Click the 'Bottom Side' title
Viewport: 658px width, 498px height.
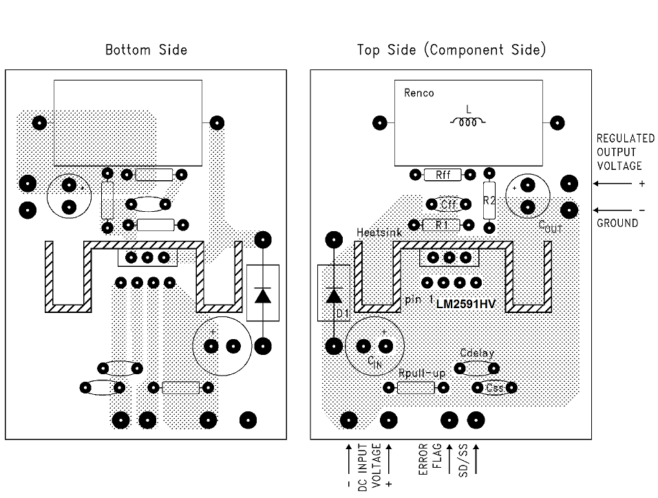pos(146,50)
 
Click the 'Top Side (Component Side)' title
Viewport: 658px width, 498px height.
pos(451,50)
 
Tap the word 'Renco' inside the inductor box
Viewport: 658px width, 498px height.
pos(419,93)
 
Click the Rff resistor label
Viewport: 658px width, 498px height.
pos(443,175)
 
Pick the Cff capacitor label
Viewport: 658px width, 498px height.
pos(449,204)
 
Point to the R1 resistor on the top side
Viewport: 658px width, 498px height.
pos(441,224)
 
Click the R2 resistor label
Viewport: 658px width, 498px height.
pos(489,201)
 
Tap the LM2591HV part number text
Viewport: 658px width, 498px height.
pos(465,302)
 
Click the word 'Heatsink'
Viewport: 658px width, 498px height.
pos(374,233)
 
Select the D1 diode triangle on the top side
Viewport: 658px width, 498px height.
pos(334,296)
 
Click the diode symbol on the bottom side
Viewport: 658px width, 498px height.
pos(262,295)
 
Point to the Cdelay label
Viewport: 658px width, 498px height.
pos(477,353)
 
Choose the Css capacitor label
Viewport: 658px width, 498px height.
pos(493,388)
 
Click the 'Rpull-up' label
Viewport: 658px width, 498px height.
pos(422,373)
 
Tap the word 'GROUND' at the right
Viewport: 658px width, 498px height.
pos(617,223)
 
